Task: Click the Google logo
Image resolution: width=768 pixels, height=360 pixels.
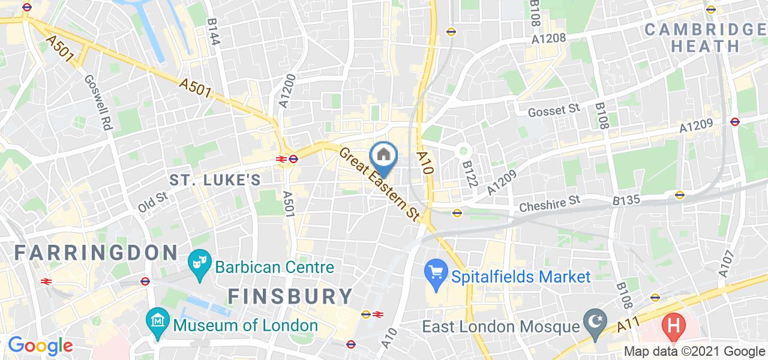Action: (x=40, y=346)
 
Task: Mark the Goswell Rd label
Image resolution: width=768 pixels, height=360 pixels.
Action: (x=98, y=103)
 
